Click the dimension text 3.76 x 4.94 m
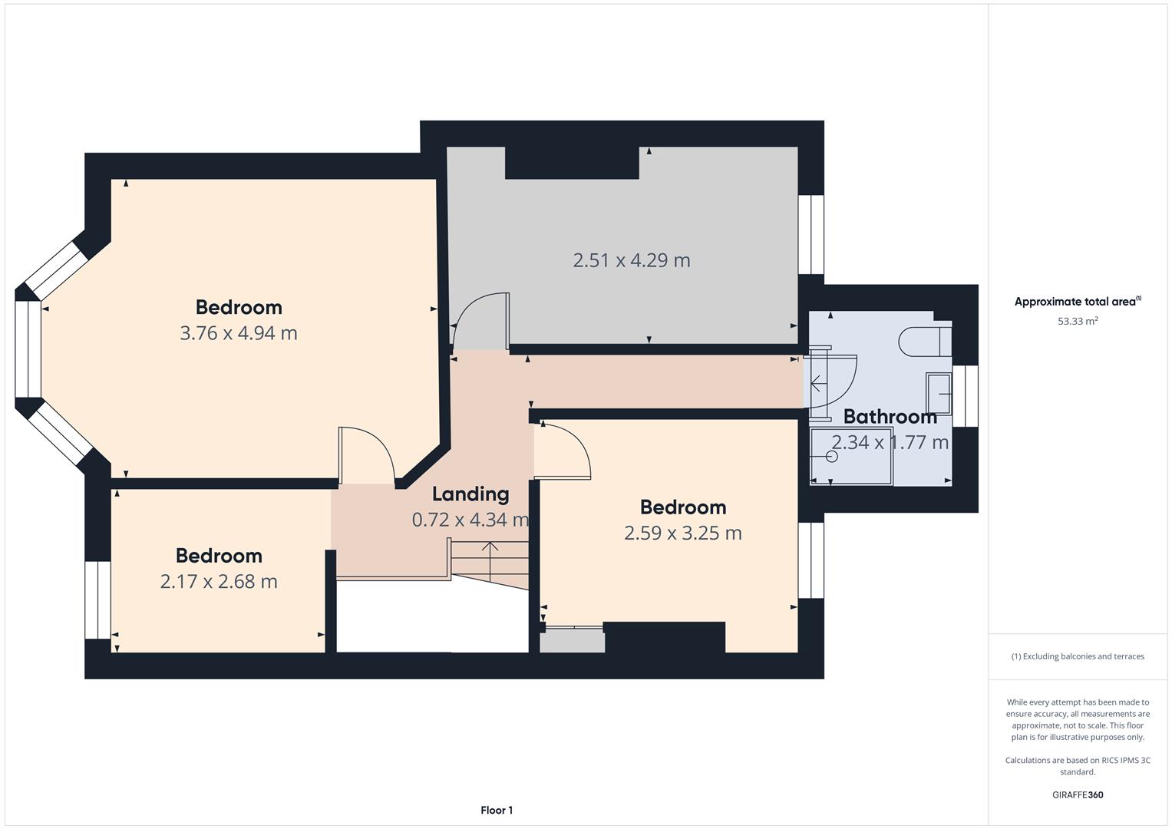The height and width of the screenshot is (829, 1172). coord(239,333)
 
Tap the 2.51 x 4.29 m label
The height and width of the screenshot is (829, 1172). coord(632,261)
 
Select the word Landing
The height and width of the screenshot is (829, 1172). coord(470,494)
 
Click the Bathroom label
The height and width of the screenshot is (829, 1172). coord(890,417)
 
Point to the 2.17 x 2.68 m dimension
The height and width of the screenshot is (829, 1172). coord(219,582)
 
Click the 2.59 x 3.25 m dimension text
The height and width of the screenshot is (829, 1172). coord(683,533)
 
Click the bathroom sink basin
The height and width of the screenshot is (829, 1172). coord(939,394)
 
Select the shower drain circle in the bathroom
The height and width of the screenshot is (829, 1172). coord(832,457)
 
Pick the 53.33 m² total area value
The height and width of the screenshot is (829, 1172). coord(1078,321)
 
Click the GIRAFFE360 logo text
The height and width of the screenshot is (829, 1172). coord(1078,794)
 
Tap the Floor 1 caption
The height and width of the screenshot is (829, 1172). coord(497,810)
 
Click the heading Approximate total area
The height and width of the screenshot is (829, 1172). coord(1078,302)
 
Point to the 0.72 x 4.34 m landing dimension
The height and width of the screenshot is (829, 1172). coord(470,520)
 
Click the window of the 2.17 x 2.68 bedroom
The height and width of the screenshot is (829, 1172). coord(97,600)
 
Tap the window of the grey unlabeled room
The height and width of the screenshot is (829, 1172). coord(811,234)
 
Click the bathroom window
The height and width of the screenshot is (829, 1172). coord(966,396)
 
